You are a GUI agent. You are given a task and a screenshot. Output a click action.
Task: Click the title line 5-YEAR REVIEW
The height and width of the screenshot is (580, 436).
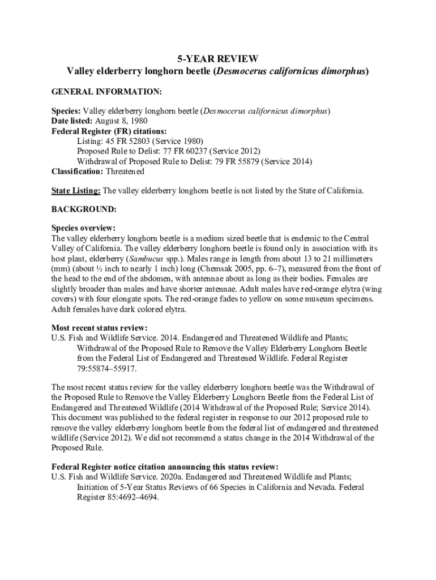(217, 58)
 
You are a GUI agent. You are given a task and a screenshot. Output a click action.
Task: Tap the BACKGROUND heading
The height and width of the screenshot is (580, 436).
(84, 209)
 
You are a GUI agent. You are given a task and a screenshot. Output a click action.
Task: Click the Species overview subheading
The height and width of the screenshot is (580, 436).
(83, 228)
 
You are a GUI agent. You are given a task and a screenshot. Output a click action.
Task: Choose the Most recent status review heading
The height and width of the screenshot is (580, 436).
(100, 328)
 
